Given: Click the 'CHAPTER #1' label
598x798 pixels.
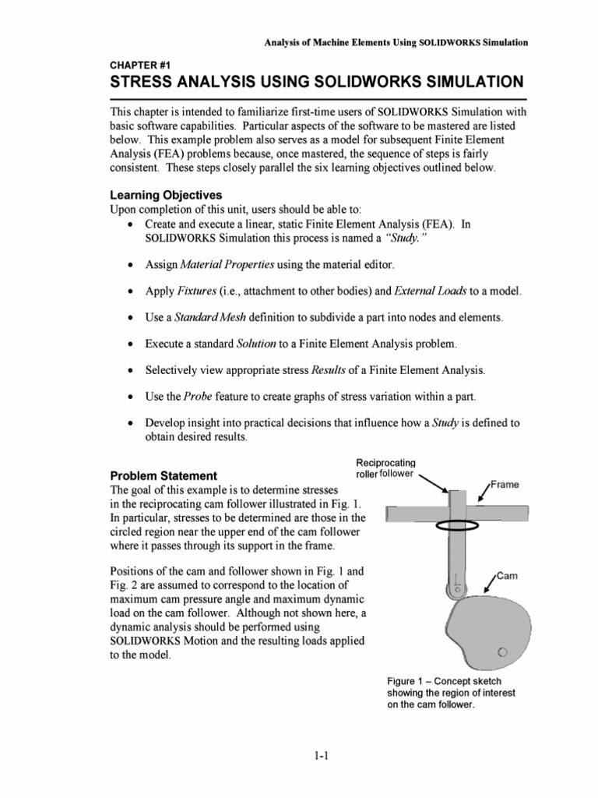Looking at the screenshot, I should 138,66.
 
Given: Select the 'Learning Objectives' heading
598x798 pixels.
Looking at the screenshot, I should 166,195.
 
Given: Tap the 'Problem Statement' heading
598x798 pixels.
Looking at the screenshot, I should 164,475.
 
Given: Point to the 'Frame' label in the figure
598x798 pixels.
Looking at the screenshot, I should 505,484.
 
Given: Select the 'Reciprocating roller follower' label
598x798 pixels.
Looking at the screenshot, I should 386,468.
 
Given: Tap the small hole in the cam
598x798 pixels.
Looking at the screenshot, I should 503,651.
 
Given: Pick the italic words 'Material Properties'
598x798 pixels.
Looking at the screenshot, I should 216,265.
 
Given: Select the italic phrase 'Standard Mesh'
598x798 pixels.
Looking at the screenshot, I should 206,317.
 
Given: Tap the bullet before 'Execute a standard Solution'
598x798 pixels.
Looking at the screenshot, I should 128,344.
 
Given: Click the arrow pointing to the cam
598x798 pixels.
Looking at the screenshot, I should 486,584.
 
